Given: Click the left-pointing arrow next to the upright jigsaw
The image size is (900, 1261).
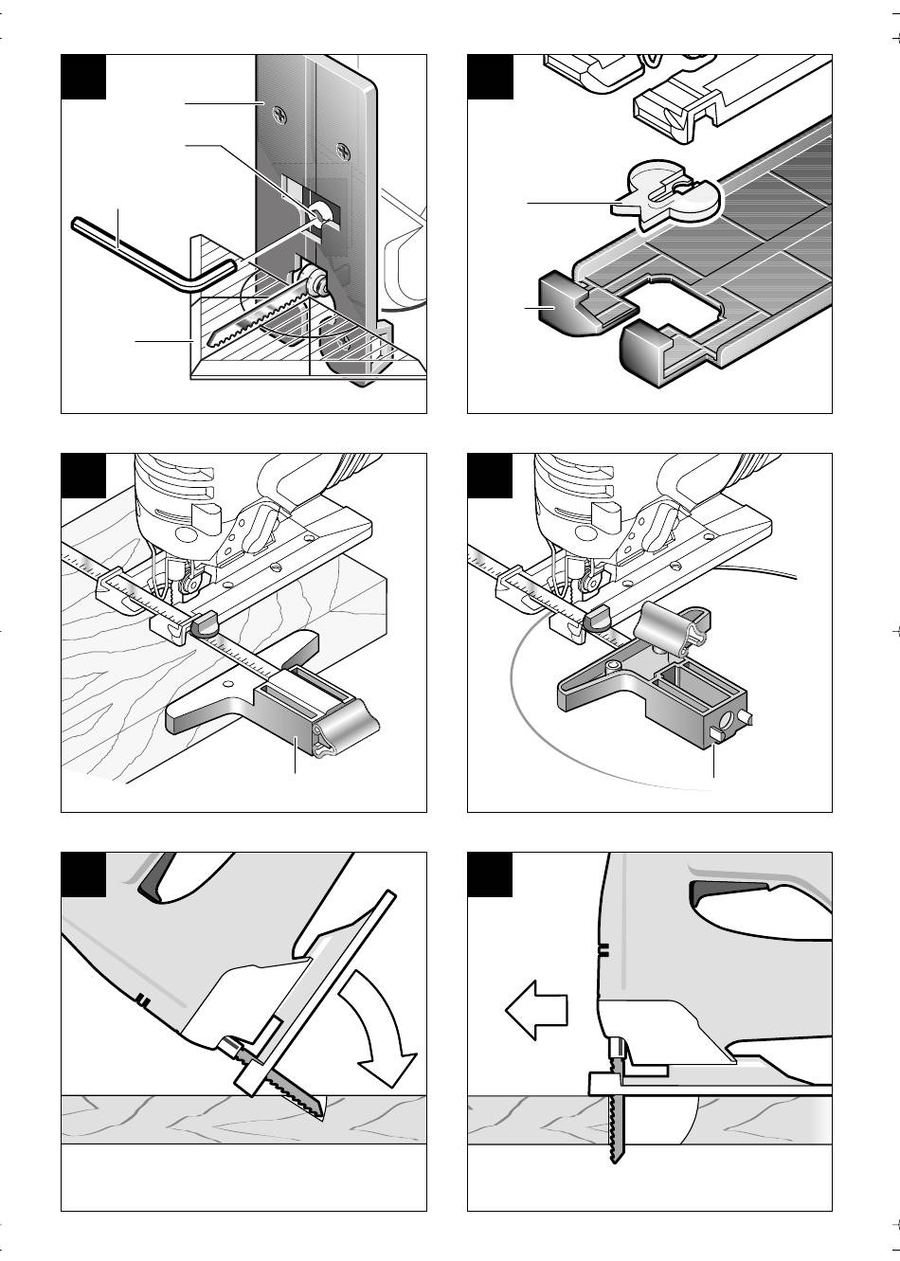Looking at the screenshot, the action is (535, 1013).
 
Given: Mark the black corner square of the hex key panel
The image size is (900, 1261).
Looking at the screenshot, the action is (83, 76).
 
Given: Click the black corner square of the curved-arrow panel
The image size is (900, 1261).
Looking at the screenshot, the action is (83, 874).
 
